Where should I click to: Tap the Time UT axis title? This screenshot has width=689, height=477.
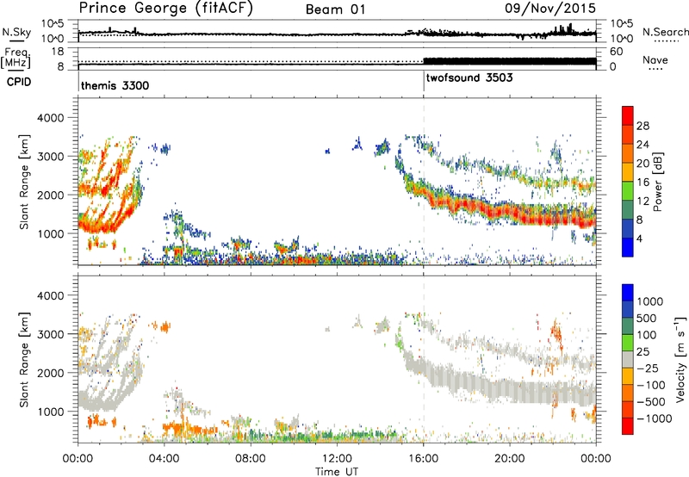pyautogui.click(x=337, y=473)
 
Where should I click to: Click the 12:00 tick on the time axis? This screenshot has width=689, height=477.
pyautogui.click(x=337, y=457)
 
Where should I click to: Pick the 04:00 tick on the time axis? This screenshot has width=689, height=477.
pyautogui.click(x=164, y=457)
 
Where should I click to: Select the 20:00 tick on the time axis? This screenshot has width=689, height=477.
pyautogui.click(x=510, y=457)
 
